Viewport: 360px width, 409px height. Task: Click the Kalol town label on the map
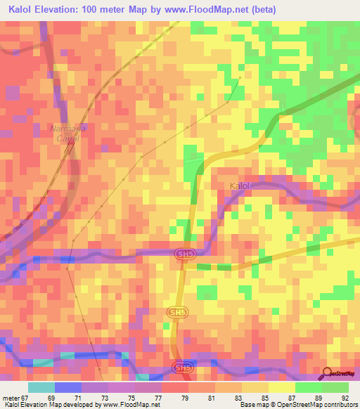[x=240, y=186]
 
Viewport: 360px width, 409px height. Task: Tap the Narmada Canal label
[x=65, y=134]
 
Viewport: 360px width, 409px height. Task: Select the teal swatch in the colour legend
[x=41, y=387]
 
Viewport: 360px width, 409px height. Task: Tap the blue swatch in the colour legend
[x=68, y=387]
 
